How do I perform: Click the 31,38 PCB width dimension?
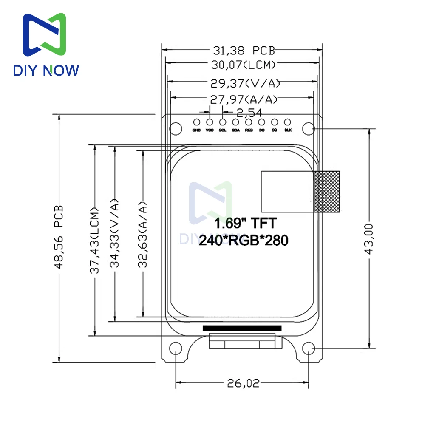click(244, 51)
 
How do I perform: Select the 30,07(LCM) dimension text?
click(244, 65)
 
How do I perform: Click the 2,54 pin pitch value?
click(249, 113)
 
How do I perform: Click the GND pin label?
click(196, 130)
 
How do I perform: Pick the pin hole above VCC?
click(210, 122)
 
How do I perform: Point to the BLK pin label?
click(288, 130)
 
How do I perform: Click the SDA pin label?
click(235, 130)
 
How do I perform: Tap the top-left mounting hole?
click(175, 128)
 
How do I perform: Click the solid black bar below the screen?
click(242, 328)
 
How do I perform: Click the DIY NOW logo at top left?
click(46, 45)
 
